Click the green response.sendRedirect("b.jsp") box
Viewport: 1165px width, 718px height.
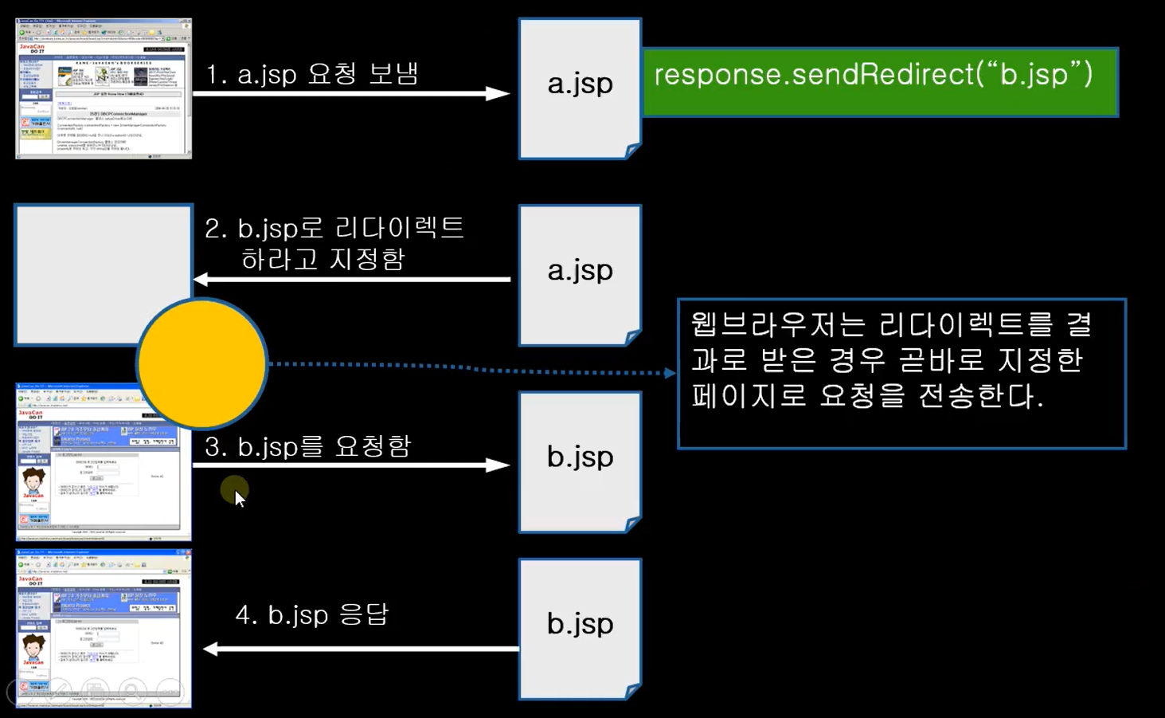[x=879, y=83]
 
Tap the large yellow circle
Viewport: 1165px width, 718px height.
[x=201, y=363]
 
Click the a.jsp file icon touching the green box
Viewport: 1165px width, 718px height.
[x=580, y=88]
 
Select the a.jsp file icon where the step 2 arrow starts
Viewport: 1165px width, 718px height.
[x=580, y=274]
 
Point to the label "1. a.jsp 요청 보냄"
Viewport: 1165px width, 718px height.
[x=312, y=74]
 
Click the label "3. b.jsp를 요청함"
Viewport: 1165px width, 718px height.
[x=307, y=446]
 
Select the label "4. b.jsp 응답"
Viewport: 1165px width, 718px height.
[x=311, y=614]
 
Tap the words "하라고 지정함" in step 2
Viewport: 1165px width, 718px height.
[x=323, y=259]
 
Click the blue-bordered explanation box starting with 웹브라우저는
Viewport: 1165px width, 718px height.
[x=901, y=373]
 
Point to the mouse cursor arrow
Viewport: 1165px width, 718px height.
[x=238, y=497]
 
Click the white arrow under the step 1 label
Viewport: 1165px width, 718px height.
[x=350, y=94]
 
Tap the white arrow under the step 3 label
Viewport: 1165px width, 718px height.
[x=350, y=465]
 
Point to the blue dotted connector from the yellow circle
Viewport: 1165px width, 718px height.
[x=470, y=368]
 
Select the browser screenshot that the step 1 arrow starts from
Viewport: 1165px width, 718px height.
[x=104, y=88]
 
